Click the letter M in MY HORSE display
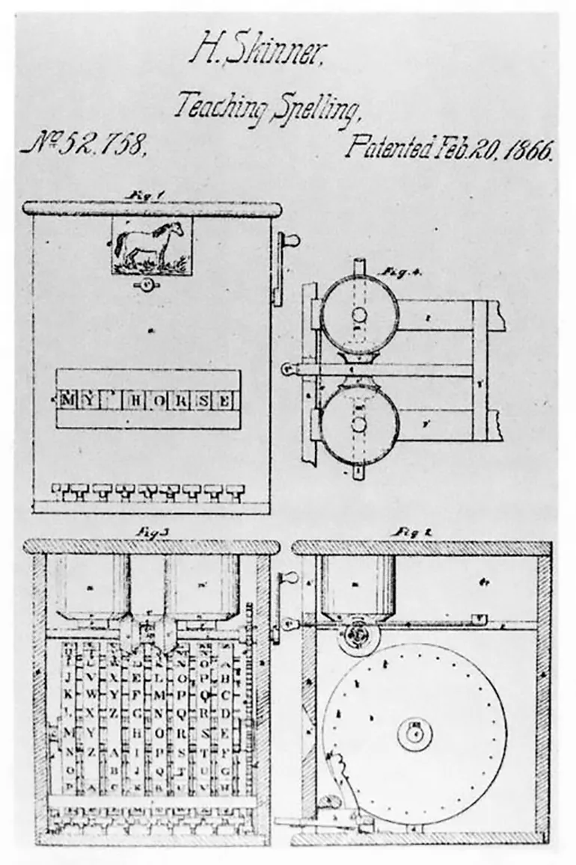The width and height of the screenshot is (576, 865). coord(69,400)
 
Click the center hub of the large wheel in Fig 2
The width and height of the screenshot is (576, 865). coord(414,733)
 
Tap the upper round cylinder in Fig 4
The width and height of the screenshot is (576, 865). coord(360,314)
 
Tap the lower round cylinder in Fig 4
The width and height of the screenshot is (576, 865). coord(360,424)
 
